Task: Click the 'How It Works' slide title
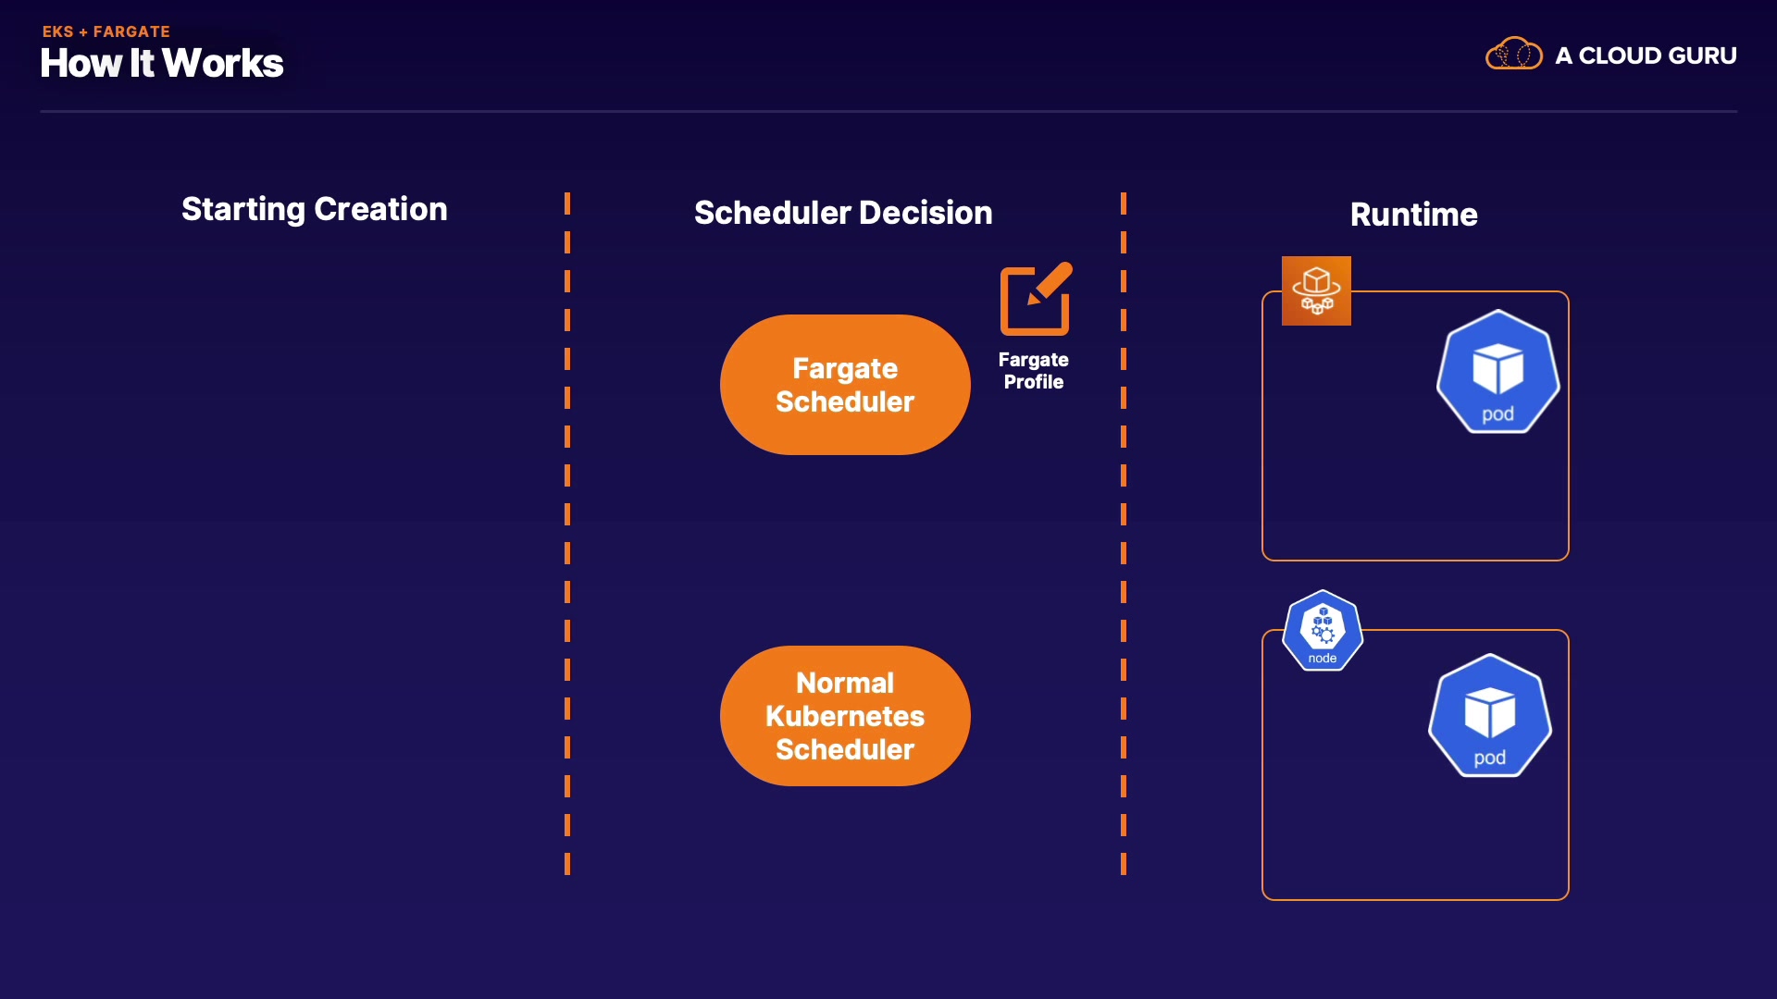point(162,63)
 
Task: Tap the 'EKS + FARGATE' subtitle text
point(106,31)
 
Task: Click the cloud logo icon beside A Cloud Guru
point(1513,54)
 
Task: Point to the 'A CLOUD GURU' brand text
point(1646,55)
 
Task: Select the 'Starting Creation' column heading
point(314,209)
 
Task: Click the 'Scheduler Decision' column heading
point(842,213)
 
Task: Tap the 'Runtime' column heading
point(1413,215)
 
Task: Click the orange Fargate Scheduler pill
point(845,385)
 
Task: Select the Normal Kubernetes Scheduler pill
point(845,716)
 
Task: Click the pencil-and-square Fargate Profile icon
point(1036,299)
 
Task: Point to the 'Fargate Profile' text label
point(1033,371)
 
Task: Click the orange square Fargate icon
point(1316,290)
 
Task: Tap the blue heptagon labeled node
point(1322,631)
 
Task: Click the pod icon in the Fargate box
point(1497,372)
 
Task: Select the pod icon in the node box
point(1489,716)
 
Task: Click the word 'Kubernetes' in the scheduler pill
point(845,716)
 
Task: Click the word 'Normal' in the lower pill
point(845,683)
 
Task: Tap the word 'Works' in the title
point(223,63)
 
